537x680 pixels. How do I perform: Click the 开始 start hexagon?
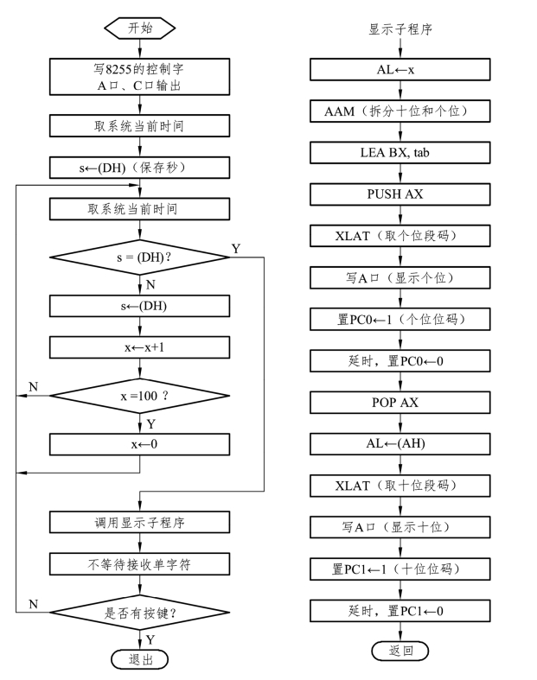[140, 29]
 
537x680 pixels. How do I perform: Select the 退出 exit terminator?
[140, 659]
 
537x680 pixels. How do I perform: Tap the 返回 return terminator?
[400, 651]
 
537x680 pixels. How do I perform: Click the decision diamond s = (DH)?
[140, 257]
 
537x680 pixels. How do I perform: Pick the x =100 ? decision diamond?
[140, 396]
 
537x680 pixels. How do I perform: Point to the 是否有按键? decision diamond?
[140, 613]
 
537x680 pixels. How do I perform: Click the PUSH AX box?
[400, 194]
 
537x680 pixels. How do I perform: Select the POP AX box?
[400, 403]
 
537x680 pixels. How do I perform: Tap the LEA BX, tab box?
[400, 153]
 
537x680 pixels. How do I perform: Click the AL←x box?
[400, 69]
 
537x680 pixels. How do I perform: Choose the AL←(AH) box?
[400, 443]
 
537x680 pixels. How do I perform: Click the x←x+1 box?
[140, 347]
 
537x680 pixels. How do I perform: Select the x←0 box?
[140, 444]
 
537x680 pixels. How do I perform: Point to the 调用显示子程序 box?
[140, 522]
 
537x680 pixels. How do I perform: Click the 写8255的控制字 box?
[140, 77]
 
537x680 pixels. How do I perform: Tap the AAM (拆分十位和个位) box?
[400, 111]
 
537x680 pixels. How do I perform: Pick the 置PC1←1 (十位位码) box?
[400, 569]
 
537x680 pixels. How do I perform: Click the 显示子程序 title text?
[400, 29]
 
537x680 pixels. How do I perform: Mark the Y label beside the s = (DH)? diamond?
[236, 249]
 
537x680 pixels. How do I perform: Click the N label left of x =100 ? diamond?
[34, 386]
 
